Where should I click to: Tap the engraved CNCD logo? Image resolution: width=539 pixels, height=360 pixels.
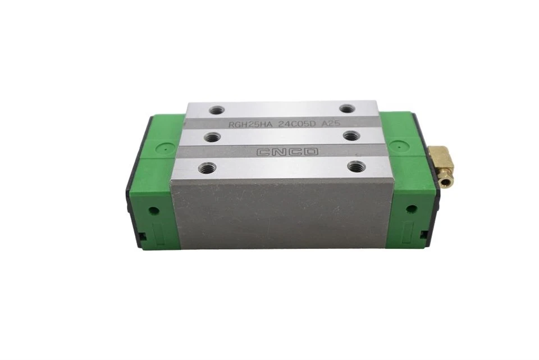287,152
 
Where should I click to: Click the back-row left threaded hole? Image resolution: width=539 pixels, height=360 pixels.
216,110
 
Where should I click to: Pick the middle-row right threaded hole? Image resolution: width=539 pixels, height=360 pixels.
350,136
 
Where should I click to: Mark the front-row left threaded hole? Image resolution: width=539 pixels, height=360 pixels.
206,168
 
